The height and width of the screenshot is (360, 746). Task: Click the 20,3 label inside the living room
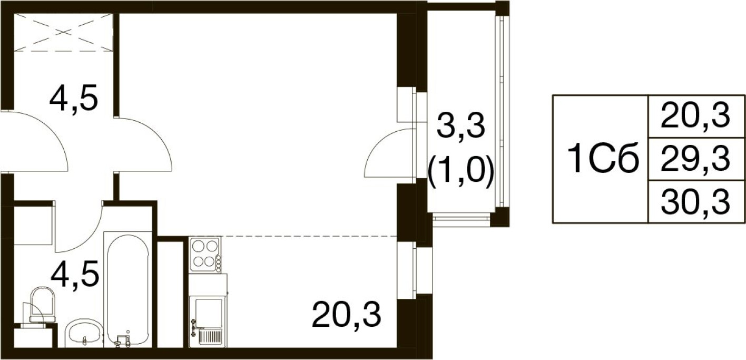point(346,315)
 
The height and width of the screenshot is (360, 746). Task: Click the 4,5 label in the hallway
point(74,99)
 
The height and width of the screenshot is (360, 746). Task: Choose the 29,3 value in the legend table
point(695,159)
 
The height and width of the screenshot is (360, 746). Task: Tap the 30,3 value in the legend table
point(695,202)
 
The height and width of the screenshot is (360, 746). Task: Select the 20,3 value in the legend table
point(695,115)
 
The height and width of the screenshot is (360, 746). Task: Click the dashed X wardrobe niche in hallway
point(63,32)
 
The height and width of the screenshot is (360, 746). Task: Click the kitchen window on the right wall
point(415,270)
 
